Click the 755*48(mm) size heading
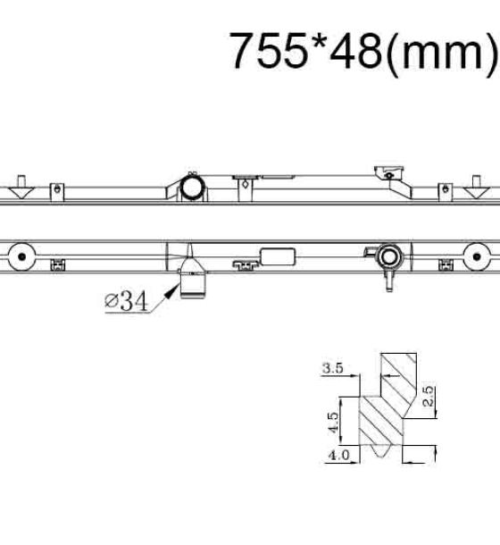pyautogui.click(x=363, y=51)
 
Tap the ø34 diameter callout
pyautogui.click(x=126, y=301)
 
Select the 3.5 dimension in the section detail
pyautogui.click(x=332, y=368)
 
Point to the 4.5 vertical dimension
pyautogui.click(x=333, y=423)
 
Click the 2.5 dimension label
pyautogui.click(x=429, y=396)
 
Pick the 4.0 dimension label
pyautogui.click(x=338, y=455)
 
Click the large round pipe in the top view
pyautogui.click(x=191, y=187)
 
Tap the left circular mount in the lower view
pyautogui.click(x=22, y=256)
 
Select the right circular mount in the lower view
pyautogui.click(x=477, y=256)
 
